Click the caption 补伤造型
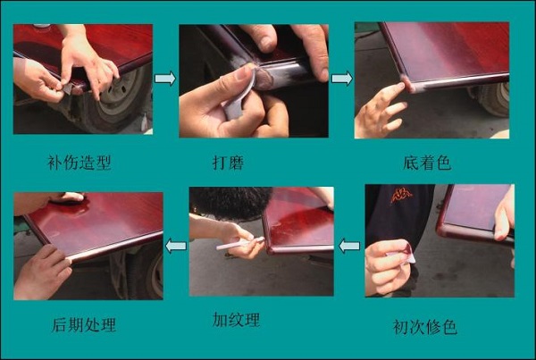79,163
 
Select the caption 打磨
229,163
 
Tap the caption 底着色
427,163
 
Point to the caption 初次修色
425,327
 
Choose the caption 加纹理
236,320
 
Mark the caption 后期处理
84,324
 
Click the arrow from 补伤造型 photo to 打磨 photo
165,79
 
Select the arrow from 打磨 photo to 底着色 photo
342,79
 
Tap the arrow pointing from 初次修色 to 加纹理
349,246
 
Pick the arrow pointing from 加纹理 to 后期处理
176,246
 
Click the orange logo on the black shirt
401,196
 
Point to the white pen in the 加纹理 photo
240,243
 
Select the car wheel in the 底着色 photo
494,98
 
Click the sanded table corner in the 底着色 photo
409,85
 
